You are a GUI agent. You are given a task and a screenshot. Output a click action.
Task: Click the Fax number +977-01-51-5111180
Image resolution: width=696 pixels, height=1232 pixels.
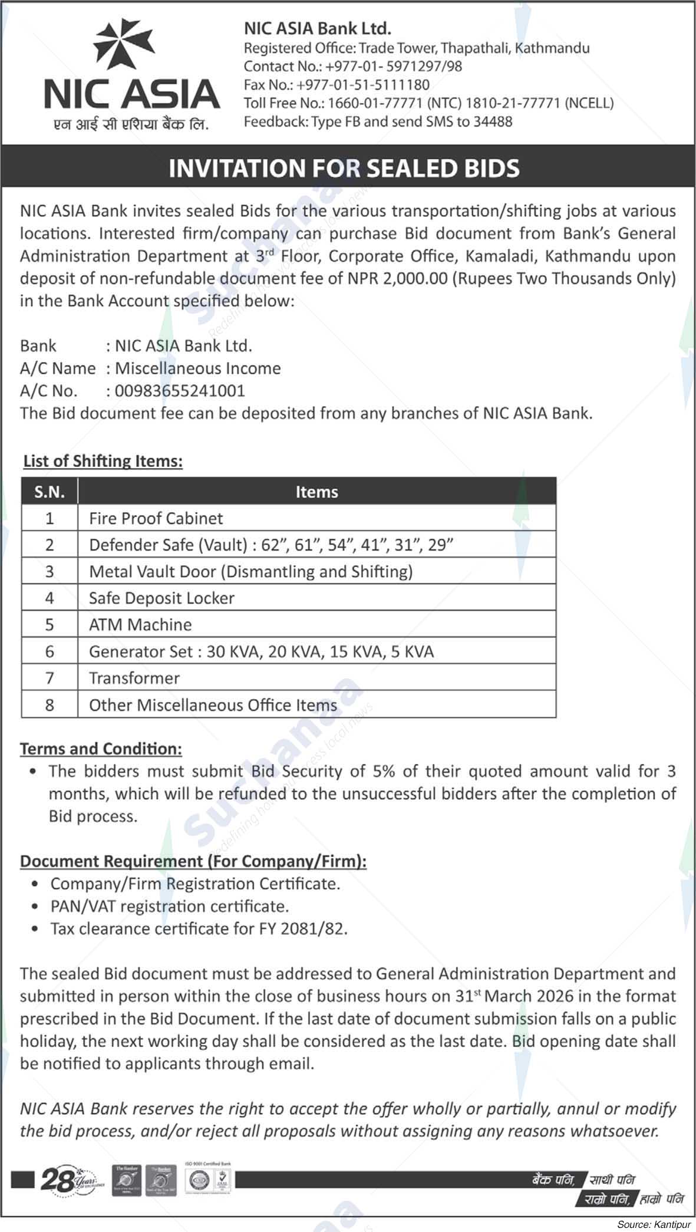pos(362,85)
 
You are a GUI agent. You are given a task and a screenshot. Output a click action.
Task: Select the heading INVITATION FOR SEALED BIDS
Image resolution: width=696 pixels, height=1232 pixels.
pos(344,169)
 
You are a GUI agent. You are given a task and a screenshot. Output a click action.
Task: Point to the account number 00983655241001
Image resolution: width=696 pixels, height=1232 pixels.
pos(180,391)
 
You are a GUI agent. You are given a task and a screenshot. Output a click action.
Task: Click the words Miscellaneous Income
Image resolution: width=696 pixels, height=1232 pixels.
pos(197,368)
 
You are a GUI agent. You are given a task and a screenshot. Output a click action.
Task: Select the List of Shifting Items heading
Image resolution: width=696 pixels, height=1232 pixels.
pos(103,461)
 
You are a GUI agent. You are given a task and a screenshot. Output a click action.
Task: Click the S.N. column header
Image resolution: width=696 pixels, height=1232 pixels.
pos(50,492)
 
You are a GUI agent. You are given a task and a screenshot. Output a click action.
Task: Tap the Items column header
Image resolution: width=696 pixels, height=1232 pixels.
pos(316,492)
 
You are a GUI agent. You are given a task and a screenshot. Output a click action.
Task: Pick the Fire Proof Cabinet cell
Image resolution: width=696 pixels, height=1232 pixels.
pos(156,519)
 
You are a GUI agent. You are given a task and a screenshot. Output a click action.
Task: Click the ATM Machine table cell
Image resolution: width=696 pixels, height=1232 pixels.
pos(140,625)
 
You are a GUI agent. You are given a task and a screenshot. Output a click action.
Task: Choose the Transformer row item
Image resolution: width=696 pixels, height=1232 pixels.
pos(134,678)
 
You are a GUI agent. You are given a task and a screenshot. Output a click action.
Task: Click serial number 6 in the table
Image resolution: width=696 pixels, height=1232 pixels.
pos(50,652)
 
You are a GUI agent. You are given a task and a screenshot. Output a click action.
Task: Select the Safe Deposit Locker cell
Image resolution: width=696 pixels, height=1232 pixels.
pos(161,598)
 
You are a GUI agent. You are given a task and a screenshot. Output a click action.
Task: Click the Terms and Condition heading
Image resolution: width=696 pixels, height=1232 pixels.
pos(101,749)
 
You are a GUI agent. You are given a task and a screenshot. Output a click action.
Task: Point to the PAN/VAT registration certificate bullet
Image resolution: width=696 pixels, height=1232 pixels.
pos(169,907)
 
